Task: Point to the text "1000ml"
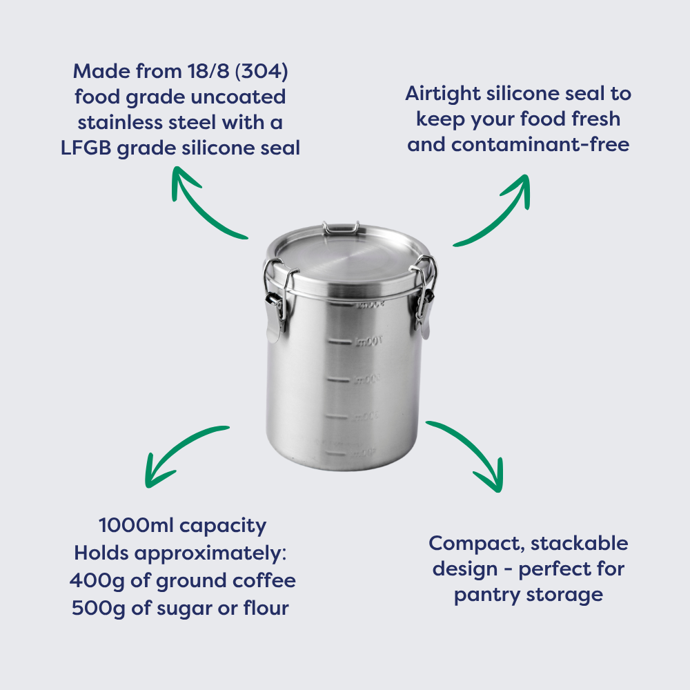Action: pyautogui.click(x=135, y=526)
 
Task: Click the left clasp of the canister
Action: pyautogui.click(x=275, y=300)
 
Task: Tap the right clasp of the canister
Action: pyautogui.click(x=424, y=297)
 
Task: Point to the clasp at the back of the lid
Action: pyautogui.click(x=340, y=226)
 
